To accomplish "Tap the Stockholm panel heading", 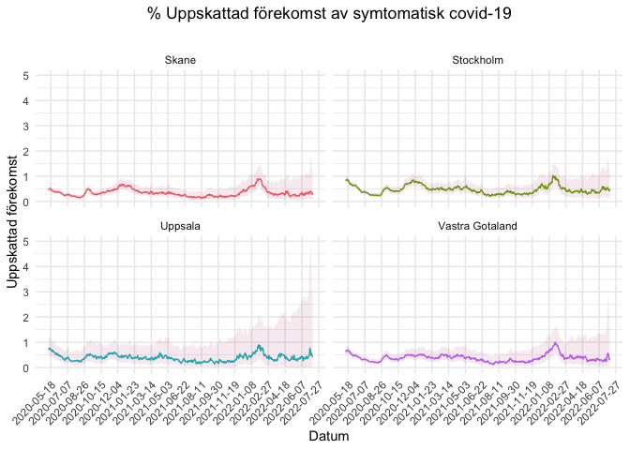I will pyautogui.click(x=477, y=61).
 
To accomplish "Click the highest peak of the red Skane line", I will pyautogui.click(x=260, y=178).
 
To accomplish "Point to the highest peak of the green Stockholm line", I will pyautogui.click(x=555, y=176).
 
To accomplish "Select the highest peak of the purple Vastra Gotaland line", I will pyautogui.click(x=556, y=343).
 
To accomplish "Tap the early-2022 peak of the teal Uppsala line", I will pyautogui.click(x=260, y=346).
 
